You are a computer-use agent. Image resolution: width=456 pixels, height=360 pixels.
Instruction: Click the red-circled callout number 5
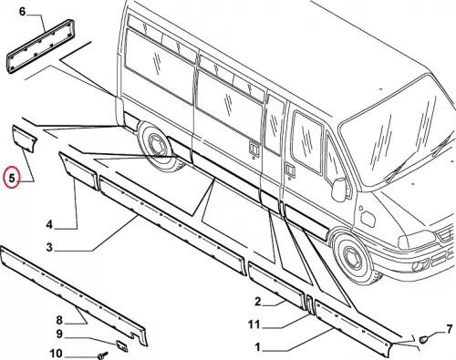tap(12, 178)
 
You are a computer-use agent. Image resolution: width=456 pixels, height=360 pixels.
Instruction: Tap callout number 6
tap(23, 12)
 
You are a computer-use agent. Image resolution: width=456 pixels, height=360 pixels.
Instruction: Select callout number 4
tap(49, 225)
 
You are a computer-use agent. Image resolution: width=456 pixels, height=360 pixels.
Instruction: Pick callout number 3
tap(49, 247)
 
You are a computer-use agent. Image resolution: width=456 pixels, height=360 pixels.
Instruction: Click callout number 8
tap(59, 320)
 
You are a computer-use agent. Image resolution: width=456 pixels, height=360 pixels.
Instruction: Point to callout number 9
tap(59, 334)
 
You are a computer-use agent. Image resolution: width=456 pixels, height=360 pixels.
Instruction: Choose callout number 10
tap(56, 354)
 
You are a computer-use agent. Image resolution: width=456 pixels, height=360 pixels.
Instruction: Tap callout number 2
tap(257, 302)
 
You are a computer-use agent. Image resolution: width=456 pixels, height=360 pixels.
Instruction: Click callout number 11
tap(254, 324)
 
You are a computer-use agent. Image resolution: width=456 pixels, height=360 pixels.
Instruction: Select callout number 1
tap(257, 347)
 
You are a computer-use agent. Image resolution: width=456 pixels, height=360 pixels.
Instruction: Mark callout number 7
tap(450, 330)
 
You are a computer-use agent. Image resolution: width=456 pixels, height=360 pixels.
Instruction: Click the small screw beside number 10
tap(103, 355)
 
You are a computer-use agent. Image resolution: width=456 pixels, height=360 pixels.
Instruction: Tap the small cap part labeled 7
tap(423, 339)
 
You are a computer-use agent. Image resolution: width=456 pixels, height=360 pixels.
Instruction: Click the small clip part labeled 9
tap(121, 345)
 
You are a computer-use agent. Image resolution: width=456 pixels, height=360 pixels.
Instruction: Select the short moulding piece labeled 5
tap(25, 139)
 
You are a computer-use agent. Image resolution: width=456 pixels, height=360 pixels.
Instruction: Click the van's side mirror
tap(340, 189)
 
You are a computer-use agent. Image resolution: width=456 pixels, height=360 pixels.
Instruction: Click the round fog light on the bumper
tap(416, 266)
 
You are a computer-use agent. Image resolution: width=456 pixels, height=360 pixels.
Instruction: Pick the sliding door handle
tap(253, 148)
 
